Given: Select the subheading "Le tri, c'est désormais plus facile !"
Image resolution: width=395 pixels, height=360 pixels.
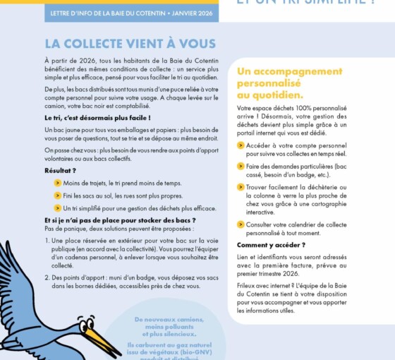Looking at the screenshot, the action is coord(97,117).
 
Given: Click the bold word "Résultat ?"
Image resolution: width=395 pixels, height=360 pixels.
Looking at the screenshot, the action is coord(60,170).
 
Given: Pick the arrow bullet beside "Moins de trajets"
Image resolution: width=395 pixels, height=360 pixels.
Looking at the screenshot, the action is coord(58,183).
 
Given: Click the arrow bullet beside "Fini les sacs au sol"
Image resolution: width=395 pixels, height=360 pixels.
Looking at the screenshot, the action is coord(58,196).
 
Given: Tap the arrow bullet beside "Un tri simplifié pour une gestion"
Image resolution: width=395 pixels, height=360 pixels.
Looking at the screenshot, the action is coord(58,208).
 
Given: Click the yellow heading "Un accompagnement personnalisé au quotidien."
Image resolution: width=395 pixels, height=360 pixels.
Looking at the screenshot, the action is coord(289,83).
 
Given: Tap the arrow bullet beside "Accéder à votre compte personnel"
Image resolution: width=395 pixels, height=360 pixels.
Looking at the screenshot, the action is coord(241,145).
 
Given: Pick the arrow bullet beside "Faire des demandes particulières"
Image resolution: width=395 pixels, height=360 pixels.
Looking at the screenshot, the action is coord(241,166).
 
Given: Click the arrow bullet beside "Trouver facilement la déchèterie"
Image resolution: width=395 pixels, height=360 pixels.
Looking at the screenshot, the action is coord(241,187).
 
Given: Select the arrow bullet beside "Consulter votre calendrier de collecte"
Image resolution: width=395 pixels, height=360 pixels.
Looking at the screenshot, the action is coord(241,224).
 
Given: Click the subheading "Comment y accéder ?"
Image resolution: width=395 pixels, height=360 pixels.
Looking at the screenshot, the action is coord(271,245).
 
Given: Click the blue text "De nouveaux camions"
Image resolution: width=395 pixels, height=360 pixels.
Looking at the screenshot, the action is coord(164,319).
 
